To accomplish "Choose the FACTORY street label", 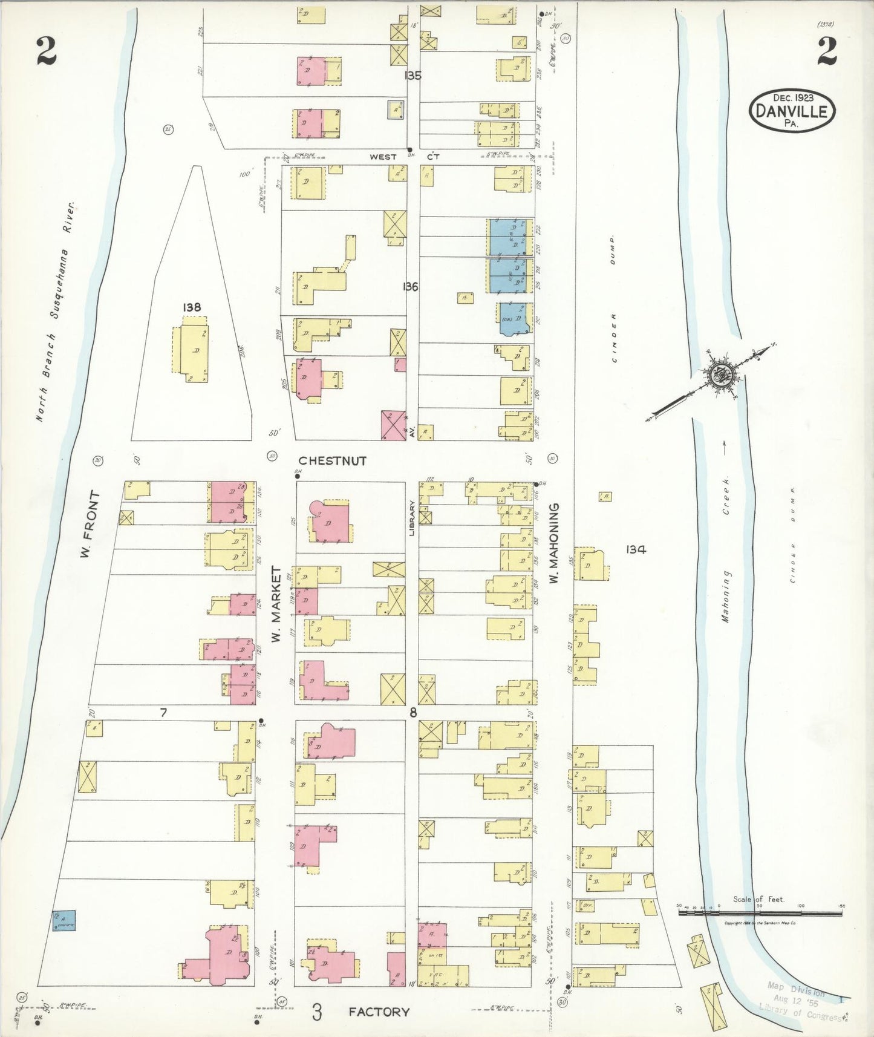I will click(x=379, y=1012).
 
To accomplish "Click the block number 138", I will click(x=192, y=307).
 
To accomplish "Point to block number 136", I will click(x=411, y=287).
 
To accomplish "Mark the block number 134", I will click(x=636, y=549).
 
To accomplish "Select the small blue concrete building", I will click(x=64, y=920).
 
